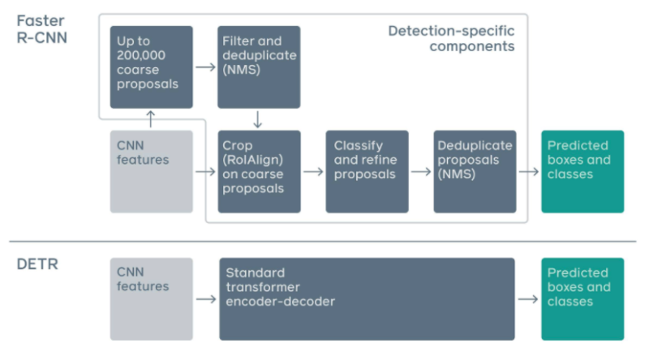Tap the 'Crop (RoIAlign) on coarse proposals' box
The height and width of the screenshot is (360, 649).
pos(259,171)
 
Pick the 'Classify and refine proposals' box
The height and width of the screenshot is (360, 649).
pos(367,171)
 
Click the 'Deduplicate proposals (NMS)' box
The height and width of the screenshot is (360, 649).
pos(475,171)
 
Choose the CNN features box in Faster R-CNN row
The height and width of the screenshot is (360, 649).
pos(152,171)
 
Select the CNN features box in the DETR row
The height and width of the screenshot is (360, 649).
pos(152,298)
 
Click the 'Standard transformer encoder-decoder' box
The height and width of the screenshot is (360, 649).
pos(367,298)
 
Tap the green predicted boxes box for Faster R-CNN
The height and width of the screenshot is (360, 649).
pos(582,171)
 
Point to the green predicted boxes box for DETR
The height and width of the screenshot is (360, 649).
pos(582,298)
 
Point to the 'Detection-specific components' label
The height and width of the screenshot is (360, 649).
pos(451,39)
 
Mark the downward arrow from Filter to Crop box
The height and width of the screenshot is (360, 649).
pos(258,118)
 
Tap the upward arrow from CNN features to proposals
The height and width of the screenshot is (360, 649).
pos(151,118)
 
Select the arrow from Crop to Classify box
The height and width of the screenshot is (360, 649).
pos(312,172)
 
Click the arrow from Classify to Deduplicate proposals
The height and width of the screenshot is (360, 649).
pos(420,172)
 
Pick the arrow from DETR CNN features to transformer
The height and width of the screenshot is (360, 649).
pos(205,299)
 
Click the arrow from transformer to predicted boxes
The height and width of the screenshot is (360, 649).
pos(528,299)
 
